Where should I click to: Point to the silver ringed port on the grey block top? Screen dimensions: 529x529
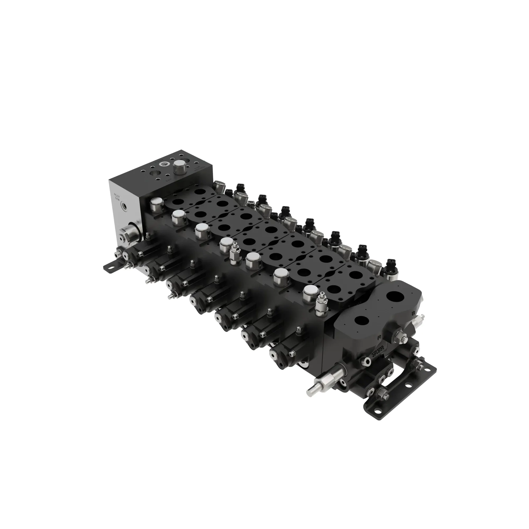click(165, 164)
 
